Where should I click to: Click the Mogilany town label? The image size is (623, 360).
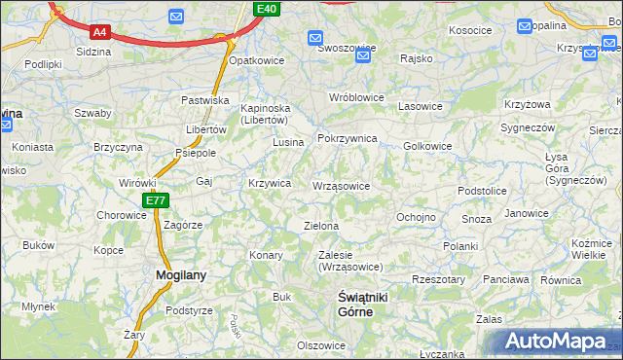(181, 275)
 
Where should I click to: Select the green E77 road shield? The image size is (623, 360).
(156, 200)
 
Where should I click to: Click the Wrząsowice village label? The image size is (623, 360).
(340, 186)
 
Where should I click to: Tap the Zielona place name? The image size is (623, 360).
(321, 226)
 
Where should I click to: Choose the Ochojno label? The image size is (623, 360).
(416, 216)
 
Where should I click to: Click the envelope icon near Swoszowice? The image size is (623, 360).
(315, 38)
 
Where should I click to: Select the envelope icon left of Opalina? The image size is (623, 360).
(526, 26)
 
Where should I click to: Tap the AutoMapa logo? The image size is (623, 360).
(559, 342)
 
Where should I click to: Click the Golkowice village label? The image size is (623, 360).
(427, 146)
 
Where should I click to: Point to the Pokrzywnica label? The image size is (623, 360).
(348, 138)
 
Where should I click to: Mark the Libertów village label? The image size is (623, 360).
(206, 130)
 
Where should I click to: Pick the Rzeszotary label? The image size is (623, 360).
(438, 279)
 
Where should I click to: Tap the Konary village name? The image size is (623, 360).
(266, 255)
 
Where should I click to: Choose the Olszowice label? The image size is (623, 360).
(321, 345)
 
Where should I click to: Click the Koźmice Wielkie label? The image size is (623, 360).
(590, 248)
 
